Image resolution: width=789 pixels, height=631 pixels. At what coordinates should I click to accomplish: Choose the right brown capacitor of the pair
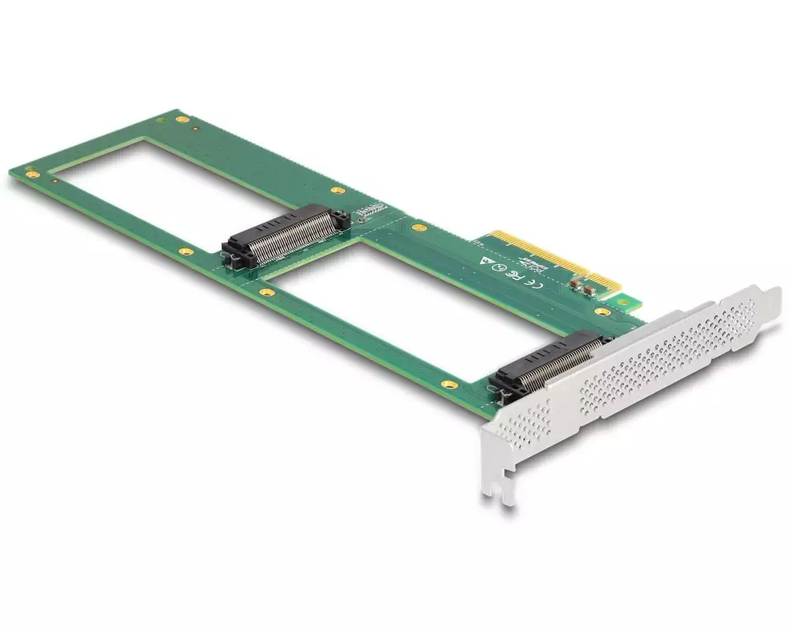pyautogui.click(x=590, y=290)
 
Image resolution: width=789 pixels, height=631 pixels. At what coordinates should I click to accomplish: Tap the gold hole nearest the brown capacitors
pyautogui.click(x=603, y=312)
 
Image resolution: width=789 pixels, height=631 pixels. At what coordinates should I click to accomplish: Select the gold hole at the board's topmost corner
pyautogui.click(x=182, y=119)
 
